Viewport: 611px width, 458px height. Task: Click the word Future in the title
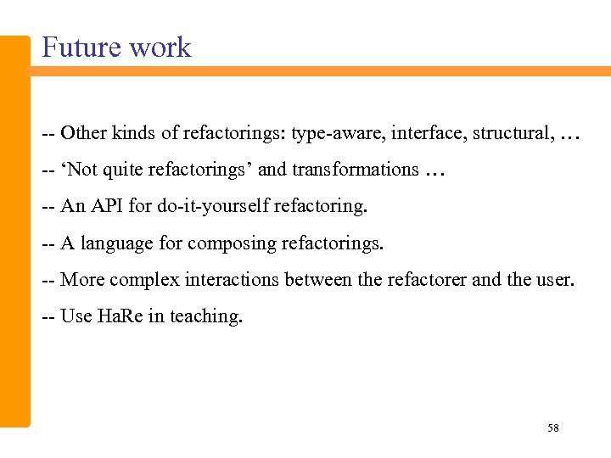point(80,47)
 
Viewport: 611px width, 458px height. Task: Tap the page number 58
point(552,428)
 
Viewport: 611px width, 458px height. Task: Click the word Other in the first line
point(83,133)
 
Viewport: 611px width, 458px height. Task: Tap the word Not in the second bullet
point(82,170)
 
